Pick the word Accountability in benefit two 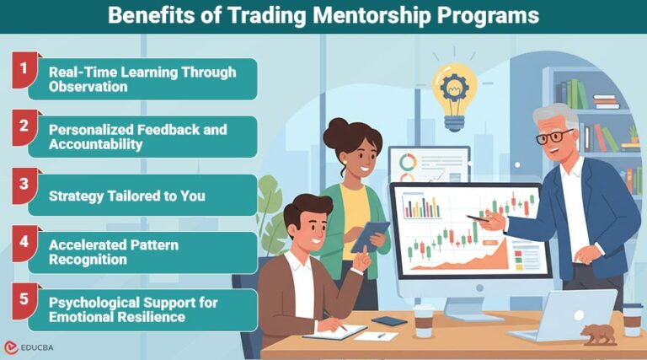[x=96, y=144]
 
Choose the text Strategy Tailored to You [x=127, y=196]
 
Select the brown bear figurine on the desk [x=599, y=333]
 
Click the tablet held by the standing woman [x=370, y=236]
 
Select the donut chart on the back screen [x=407, y=162]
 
